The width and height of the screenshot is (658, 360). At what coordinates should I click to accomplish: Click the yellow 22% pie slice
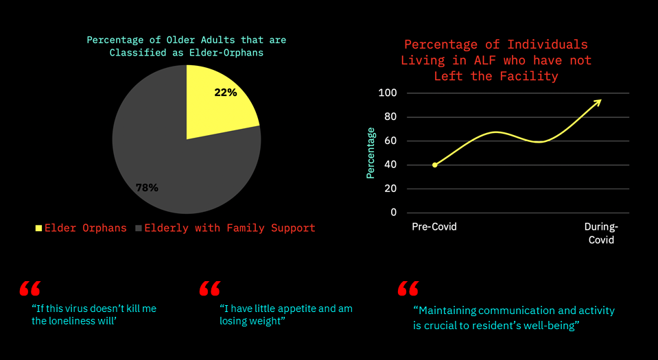pyautogui.click(x=216, y=103)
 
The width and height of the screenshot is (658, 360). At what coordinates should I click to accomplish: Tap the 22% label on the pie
pyautogui.click(x=226, y=93)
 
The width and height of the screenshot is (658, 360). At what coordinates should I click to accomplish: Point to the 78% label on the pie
pyautogui.click(x=147, y=187)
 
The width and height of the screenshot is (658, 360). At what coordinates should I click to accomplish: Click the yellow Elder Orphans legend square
pyautogui.click(x=38, y=228)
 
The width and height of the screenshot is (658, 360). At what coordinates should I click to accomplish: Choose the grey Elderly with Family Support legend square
pyautogui.click(x=139, y=228)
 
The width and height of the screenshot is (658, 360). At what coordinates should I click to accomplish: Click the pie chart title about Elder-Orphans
pyautogui.click(x=187, y=46)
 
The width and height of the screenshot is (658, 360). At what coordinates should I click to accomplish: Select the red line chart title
pyautogui.click(x=495, y=60)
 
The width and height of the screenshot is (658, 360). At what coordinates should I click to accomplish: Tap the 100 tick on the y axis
pyautogui.click(x=388, y=93)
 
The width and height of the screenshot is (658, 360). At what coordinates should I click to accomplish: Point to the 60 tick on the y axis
pyautogui.click(x=390, y=141)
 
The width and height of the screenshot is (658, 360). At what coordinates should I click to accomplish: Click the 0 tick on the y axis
pyautogui.click(x=393, y=213)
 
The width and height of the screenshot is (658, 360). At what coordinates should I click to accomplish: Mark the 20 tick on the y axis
pyautogui.click(x=390, y=189)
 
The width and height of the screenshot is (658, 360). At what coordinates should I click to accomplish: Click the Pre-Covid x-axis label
pyautogui.click(x=434, y=227)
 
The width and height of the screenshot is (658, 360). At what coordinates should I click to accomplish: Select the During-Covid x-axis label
pyautogui.click(x=600, y=233)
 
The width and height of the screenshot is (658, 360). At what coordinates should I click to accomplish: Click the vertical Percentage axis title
pyautogui.click(x=371, y=152)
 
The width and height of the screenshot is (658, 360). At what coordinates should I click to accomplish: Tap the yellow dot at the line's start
pyautogui.click(x=435, y=165)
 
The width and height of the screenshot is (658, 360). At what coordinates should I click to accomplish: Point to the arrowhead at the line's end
pyautogui.click(x=598, y=101)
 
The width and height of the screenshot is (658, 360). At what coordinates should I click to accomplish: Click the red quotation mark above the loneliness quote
pyautogui.click(x=30, y=288)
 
